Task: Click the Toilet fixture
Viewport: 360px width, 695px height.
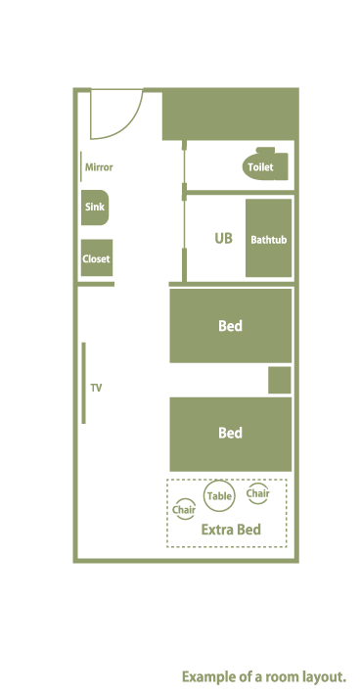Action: click(265, 164)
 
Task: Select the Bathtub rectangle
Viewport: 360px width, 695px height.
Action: click(268, 238)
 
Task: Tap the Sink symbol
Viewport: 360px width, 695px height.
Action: click(95, 208)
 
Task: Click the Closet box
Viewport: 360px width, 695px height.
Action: click(97, 258)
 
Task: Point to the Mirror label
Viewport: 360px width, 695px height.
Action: click(99, 167)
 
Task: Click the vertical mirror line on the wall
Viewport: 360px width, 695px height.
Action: click(81, 166)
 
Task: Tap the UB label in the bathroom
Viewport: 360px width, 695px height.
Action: click(223, 239)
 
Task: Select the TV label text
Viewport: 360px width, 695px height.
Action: click(96, 388)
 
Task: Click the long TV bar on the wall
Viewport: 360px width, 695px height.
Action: click(84, 383)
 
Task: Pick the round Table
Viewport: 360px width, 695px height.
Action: click(219, 495)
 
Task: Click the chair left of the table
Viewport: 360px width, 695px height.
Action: click(184, 510)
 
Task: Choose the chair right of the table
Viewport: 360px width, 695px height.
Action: click(257, 493)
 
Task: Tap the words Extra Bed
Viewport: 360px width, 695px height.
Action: click(231, 530)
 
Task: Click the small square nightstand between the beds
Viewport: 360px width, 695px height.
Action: click(280, 380)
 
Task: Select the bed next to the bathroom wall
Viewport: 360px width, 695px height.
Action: click(231, 326)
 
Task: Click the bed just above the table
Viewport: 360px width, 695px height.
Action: click(231, 434)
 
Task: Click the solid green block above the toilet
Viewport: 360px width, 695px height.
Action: click(229, 115)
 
